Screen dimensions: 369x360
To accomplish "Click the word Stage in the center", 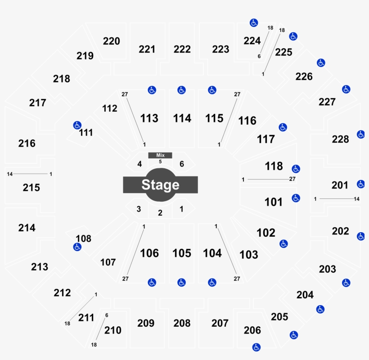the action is [x=160, y=184].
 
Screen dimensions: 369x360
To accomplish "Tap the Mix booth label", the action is [x=160, y=155].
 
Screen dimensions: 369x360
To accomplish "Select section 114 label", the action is [x=182, y=118].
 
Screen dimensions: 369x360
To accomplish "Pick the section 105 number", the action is [x=182, y=253].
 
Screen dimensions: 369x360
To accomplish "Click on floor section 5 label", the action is [x=160, y=162].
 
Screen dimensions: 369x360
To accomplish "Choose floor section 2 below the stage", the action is [x=160, y=213].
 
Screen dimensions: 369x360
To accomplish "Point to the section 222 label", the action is [x=182, y=49].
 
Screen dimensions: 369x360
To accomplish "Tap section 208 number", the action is [x=182, y=323].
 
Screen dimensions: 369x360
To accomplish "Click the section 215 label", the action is [x=31, y=188].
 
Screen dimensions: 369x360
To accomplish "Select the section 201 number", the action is [x=340, y=185].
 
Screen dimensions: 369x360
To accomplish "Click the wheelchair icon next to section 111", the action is [x=77, y=125].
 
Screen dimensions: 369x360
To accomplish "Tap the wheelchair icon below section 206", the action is [x=256, y=347].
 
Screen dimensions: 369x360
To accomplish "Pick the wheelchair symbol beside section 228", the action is [x=361, y=135].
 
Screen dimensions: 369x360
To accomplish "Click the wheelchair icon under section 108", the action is [x=77, y=247].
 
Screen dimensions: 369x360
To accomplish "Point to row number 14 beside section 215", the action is [x=9, y=174].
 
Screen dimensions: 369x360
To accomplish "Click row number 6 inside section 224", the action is [x=259, y=56].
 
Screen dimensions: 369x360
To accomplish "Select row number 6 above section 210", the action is [x=107, y=315].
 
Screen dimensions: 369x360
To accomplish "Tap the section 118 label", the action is [x=274, y=166].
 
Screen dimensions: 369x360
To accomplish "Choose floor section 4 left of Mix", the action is [x=139, y=164].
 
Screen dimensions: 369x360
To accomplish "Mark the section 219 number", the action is [x=85, y=56].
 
